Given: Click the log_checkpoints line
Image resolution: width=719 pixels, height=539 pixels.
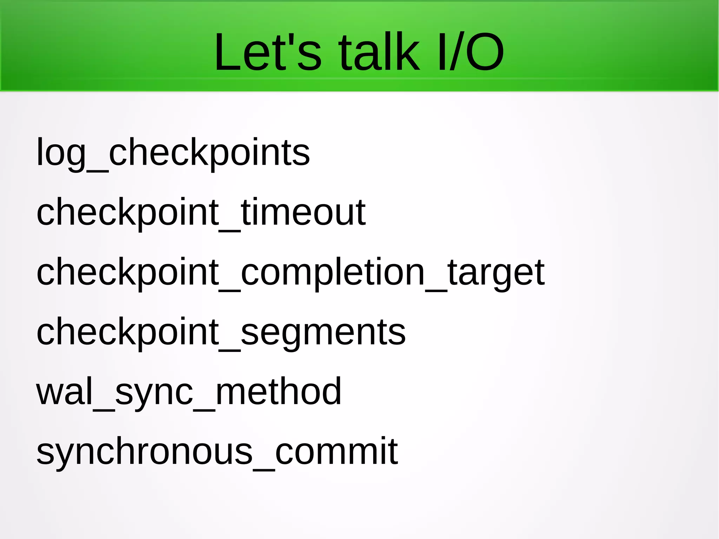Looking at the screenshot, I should [173, 153].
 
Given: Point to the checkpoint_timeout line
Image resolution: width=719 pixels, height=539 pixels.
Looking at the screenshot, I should [201, 212].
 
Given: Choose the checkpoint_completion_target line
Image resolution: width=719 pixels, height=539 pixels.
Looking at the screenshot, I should [290, 272].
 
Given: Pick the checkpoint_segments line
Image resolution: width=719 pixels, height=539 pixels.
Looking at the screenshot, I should [221, 332].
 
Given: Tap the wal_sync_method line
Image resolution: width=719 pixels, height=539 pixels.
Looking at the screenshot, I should [189, 392].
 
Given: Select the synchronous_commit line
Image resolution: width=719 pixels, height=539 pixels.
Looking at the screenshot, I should [217, 451].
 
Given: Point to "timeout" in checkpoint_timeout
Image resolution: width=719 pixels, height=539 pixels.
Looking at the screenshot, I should [303, 212].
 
